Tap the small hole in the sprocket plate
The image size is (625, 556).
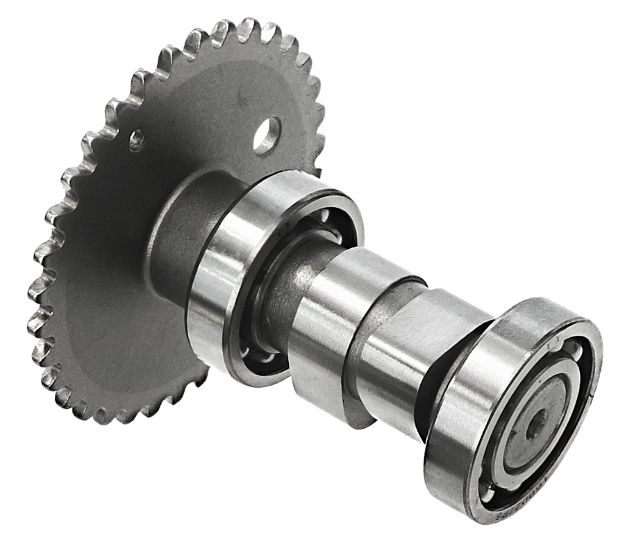pyautogui.click(x=137, y=140)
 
